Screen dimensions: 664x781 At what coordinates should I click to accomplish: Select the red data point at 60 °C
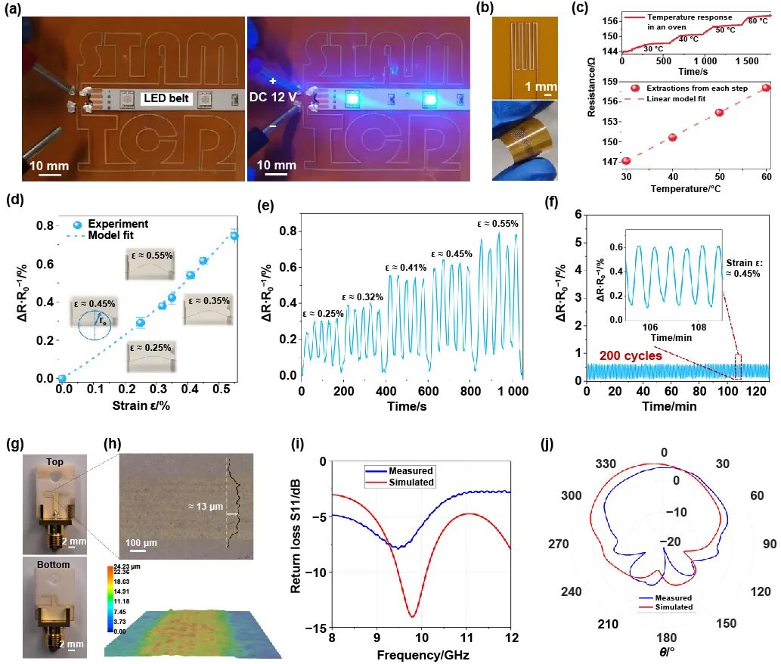pos(766,88)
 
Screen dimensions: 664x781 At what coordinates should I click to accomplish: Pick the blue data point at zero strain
pos(62,378)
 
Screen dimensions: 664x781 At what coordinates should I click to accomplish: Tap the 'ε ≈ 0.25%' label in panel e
pos(323,313)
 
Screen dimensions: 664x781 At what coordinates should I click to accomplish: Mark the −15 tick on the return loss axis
pos(318,628)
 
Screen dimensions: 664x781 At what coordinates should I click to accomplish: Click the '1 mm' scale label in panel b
pos(540,87)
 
